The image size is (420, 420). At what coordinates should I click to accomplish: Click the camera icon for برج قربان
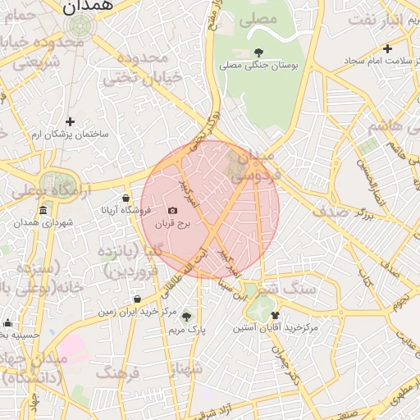coord(172,211)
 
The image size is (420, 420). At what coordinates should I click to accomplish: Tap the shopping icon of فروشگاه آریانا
coord(126,198)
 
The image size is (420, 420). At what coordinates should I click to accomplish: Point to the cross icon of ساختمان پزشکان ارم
coord(70,121)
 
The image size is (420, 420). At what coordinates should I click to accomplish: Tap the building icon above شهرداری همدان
coord(42,212)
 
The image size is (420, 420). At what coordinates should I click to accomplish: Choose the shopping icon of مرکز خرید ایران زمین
coord(136,299)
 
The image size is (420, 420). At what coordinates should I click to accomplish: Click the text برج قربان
coord(174,223)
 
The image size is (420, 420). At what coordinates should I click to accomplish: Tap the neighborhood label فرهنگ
coord(118,373)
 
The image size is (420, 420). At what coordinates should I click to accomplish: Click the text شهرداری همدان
coord(43,223)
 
